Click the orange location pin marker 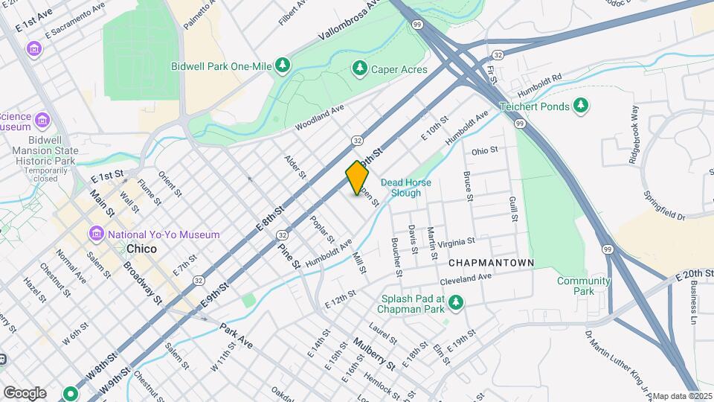tap(358, 177)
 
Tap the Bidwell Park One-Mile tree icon tap(283, 66)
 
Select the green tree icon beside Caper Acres tap(360, 69)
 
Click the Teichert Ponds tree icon tap(581, 106)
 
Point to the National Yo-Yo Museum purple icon tap(96, 234)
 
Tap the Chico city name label tap(141, 249)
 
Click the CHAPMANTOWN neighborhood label tap(492, 263)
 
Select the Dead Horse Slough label tap(406, 188)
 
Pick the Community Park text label tap(584, 286)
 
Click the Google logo tap(25, 392)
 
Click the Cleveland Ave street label tap(466, 278)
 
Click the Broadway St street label tap(142, 283)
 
